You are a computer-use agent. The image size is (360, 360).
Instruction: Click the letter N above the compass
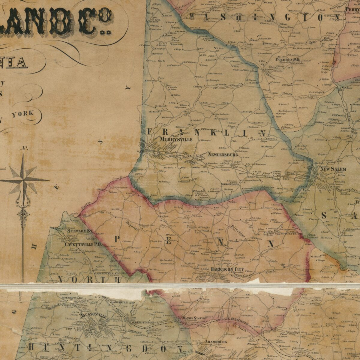point(23,148)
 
